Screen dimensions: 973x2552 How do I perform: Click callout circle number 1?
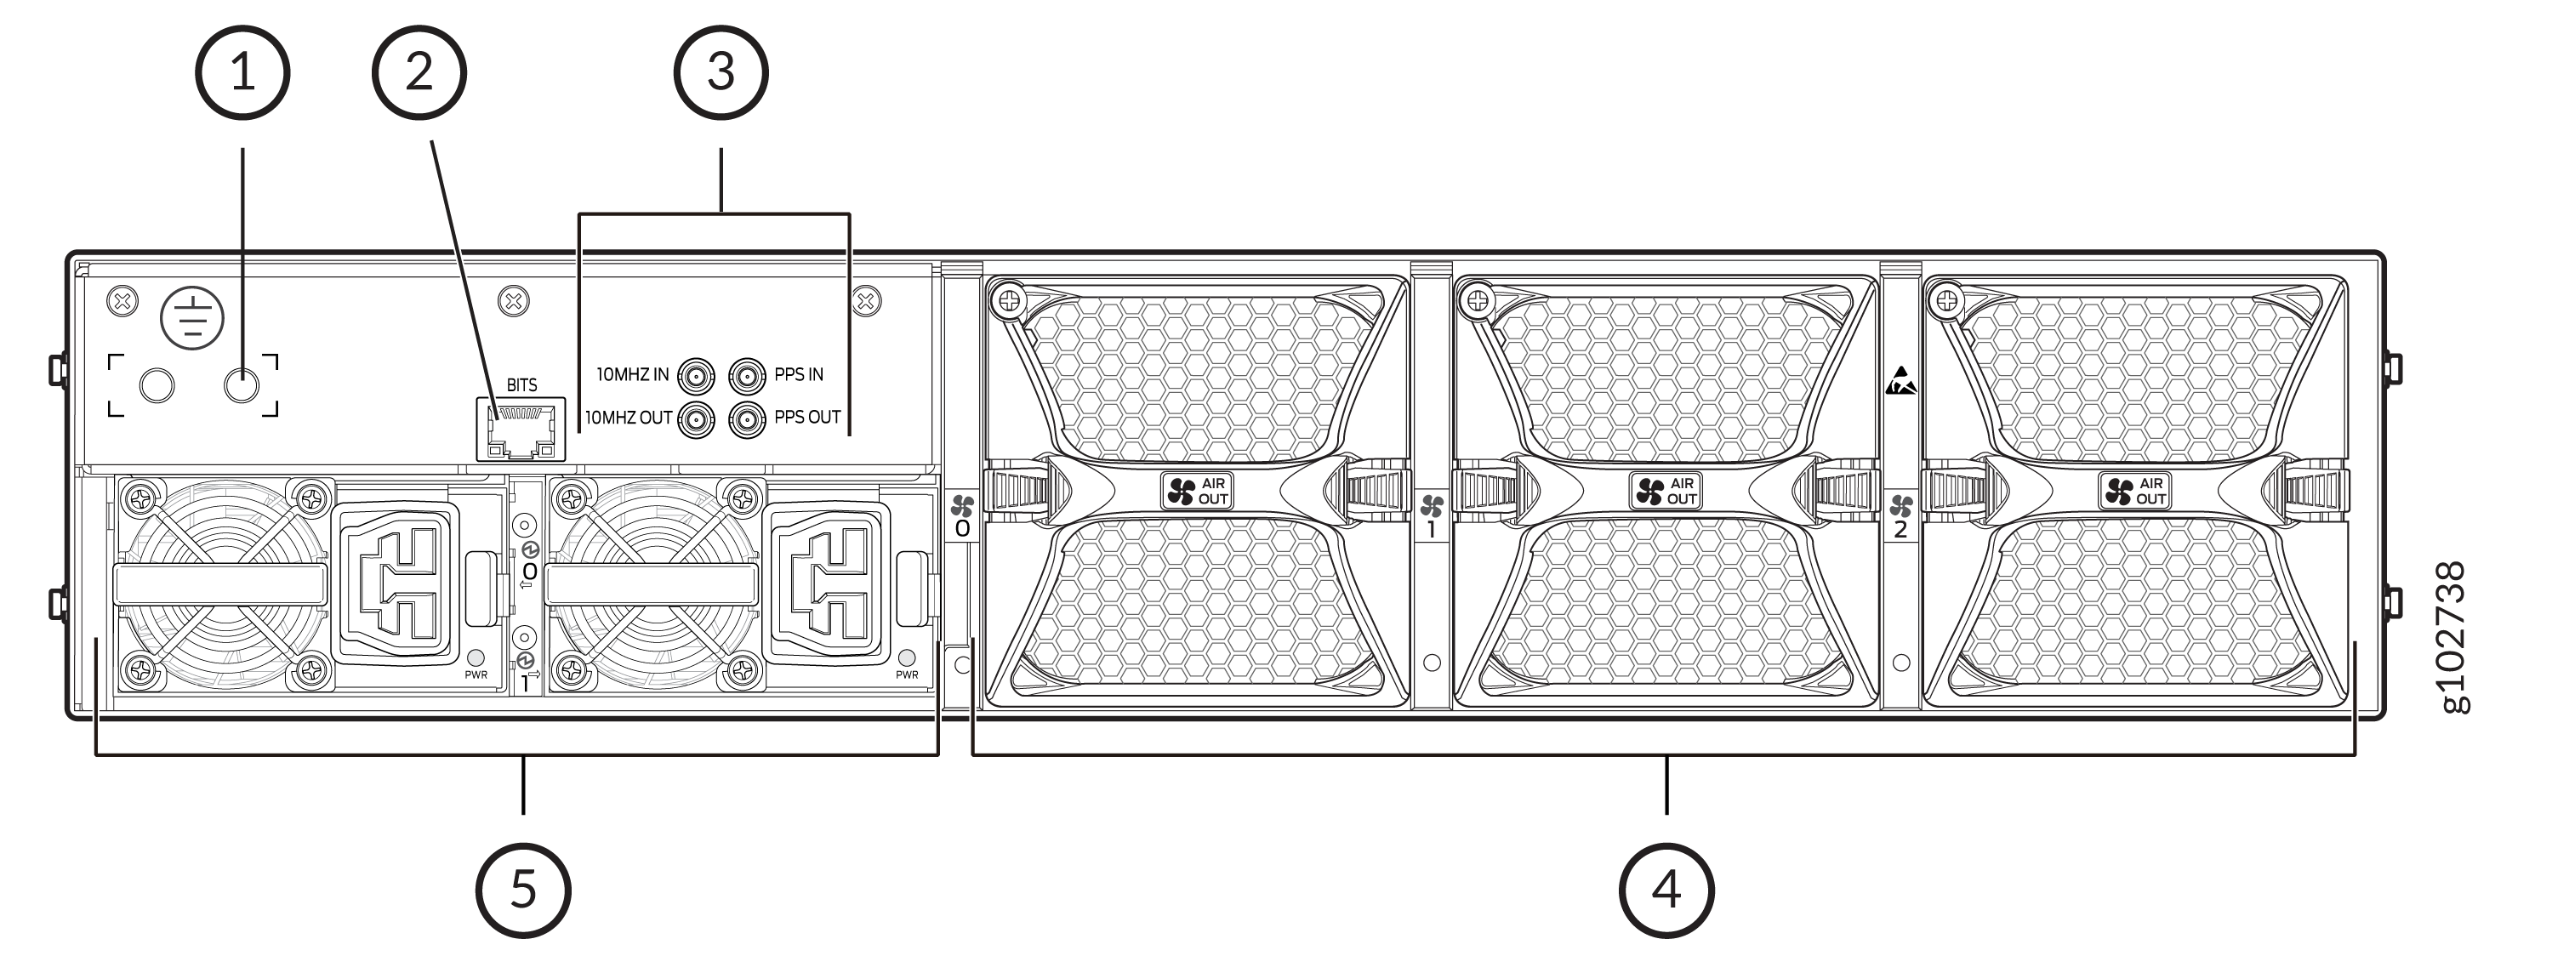click(x=242, y=72)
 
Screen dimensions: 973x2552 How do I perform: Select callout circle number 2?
click(x=419, y=72)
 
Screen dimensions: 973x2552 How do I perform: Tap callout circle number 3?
click(x=721, y=72)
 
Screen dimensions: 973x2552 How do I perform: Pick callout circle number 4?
click(x=1666, y=889)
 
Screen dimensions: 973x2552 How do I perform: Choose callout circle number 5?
click(x=523, y=889)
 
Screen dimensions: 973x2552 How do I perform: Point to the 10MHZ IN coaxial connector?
click(x=696, y=376)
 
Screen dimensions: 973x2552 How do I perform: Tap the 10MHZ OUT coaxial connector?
click(x=696, y=419)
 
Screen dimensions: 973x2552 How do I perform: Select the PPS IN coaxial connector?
click(x=747, y=376)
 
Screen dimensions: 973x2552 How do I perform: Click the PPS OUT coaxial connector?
click(x=747, y=419)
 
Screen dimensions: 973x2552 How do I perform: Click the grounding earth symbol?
click(x=192, y=317)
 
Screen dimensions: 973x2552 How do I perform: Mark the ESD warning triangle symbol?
click(x=1900, y=380)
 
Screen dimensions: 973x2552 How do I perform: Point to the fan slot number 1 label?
click(x=1431, y=529)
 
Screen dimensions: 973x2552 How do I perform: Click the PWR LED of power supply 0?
click(x=476, y=657)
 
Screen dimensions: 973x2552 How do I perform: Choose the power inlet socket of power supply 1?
click(x=829, y=582)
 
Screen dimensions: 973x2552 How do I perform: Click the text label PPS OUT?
click(x=807, y=417)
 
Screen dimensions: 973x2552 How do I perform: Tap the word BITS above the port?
click(x=521, y=384)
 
